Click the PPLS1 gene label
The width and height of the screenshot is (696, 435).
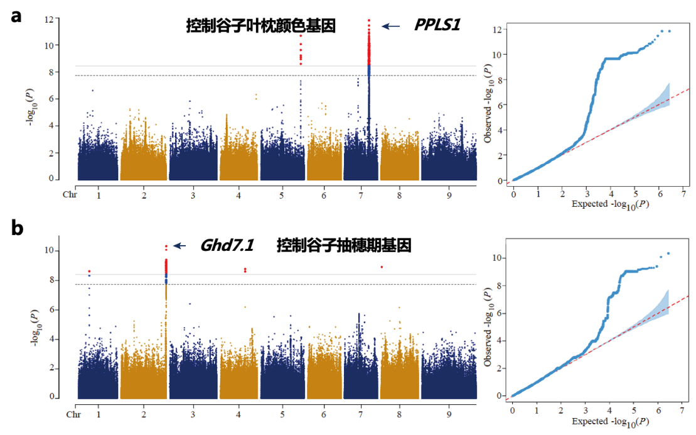click(x=437, y=26)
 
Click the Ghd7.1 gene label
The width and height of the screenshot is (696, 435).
click(x=227, y=246)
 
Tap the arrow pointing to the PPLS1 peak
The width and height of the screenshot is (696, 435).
click(x=391, y=26)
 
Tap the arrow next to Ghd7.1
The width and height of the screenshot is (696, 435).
click(x=179, y=246)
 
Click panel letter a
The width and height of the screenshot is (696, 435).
click(x=17, y=15)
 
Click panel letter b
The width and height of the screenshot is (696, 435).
click(x=18, y=228)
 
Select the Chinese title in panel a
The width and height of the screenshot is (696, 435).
click(x=260, y=26)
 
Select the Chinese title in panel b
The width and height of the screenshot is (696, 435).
click(x=344, y=246)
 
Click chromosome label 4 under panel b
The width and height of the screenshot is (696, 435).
click(x=239, y=416)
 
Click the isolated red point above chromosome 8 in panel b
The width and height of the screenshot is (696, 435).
click(x=382, y=267)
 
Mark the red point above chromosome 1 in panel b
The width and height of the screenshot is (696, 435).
click(x=89, y=271)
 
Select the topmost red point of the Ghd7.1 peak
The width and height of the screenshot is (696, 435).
click(x=166, y=246)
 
